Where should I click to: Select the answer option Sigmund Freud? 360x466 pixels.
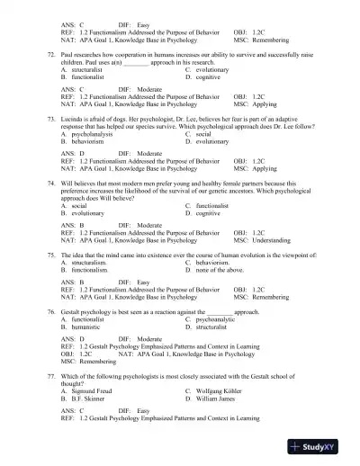click(92, 391)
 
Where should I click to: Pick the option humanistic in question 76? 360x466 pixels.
click(88, 326)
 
